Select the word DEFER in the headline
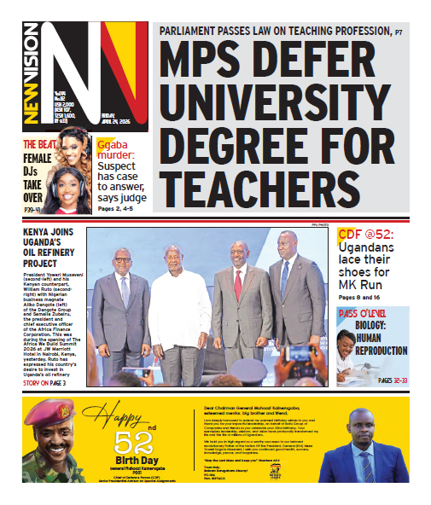point(341,67)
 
